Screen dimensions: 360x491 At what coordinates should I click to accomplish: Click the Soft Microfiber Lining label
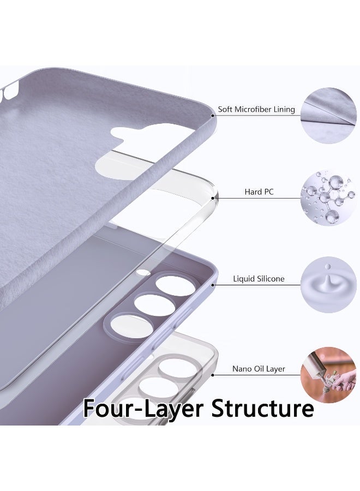pos(256,109)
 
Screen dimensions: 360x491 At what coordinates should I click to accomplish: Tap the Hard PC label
pos(259,191)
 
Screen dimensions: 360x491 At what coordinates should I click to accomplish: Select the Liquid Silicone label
pos(259,279)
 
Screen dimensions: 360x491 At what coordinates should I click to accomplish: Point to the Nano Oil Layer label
pos(259,369)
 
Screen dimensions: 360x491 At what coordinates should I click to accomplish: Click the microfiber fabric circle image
pos(328,116)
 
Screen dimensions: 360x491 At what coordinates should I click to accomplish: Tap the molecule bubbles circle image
pos(328,198)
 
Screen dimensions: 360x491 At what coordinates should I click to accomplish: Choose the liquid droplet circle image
pos(328,285)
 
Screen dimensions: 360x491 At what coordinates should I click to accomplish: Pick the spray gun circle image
pos(328,375)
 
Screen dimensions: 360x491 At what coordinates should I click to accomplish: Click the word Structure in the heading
pos(262,408)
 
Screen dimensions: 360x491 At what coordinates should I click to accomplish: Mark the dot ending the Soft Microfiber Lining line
pos(213,116)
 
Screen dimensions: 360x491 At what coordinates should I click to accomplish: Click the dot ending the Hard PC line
pos(213,198)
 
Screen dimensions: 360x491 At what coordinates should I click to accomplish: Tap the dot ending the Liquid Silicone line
pos(213,285)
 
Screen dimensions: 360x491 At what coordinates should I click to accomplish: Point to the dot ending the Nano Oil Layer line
pos(213,375)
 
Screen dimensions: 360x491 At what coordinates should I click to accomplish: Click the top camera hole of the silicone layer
pos(175,285)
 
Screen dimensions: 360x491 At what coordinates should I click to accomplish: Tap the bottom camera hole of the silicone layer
pos(132,326)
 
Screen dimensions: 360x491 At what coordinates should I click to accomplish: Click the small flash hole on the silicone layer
pos(143,272)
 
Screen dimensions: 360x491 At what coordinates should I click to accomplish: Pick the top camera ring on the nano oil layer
pos(178,368)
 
